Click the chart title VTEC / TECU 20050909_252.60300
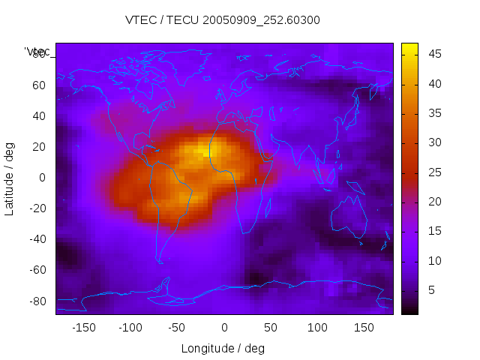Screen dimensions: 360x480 (x=222, y=20)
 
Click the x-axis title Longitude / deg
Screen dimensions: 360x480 (x=223, y=348)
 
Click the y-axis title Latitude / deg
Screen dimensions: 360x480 (x=10, y=178)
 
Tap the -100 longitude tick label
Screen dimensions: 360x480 (x=130, y=328)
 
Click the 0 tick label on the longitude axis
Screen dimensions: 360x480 (x=223, y=328)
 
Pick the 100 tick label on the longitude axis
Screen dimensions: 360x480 (x=317, y=328)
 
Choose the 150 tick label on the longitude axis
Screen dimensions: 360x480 (x=364, y=328)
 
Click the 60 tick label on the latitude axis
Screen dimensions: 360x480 (x=39, y=85)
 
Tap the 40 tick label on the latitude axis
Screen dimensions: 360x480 (x=39, y=116)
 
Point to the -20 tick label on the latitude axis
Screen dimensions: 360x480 (x=37, y=208)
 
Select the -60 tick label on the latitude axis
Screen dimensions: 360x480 (x=37, y=270)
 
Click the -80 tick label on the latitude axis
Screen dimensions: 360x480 (x=37, y=301)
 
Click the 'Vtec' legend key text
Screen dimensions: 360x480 (x=37, y=52)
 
